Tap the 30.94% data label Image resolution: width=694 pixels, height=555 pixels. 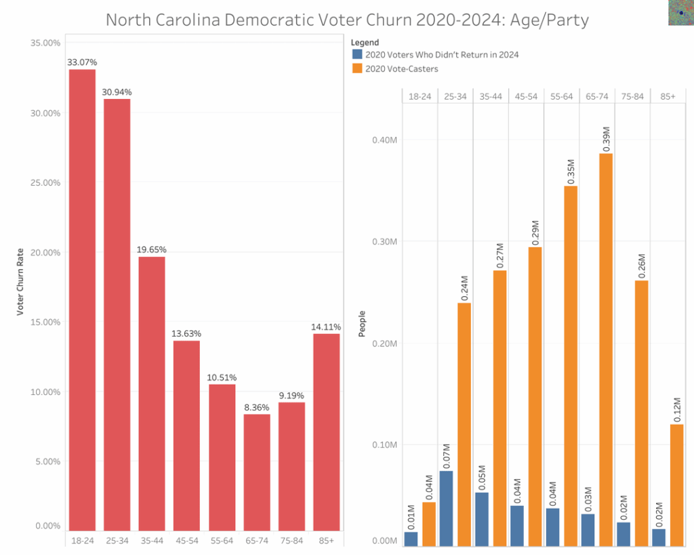pyautogui.click(x=117, y=91)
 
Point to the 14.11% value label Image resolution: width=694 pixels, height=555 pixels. pyautogui.click(x=327, y=326)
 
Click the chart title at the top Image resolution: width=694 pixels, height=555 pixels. pyautogui.click(x=347, y=20)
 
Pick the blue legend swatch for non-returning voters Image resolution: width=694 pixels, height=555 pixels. pyautogui.click(x=356, y=54)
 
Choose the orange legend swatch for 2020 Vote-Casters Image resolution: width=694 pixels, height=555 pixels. pyautogui.click(x=356, y=68)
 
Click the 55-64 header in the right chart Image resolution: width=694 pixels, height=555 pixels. pyautogui.click(x=562, y=96)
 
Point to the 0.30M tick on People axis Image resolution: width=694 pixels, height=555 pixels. pyautogui.click(x=384, y=242)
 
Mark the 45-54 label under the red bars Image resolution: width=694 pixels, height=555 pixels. pyautogui.click(x=186, y=540)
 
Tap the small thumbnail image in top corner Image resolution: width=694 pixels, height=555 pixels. pyautogui.click(x=680, y=13)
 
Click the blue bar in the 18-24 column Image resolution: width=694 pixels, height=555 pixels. pyautogui.click(x=411, y=538)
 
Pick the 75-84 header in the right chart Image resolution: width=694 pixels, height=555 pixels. pyautogui.click(x=632, y=96)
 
